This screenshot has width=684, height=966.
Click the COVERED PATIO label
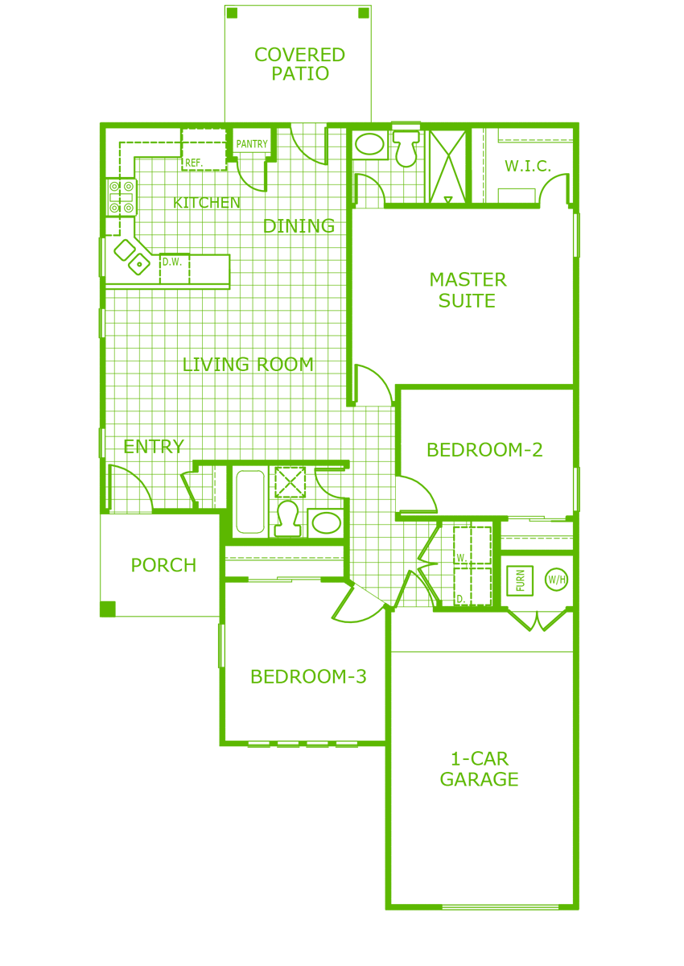299,64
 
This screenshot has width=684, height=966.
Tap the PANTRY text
252,143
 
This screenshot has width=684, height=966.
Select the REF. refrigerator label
193,163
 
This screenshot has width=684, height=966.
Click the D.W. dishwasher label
172,262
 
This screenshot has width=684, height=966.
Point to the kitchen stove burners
122,197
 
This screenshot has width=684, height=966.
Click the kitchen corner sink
132,257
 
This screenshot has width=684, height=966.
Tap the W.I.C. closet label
528,166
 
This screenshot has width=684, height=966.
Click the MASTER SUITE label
468,290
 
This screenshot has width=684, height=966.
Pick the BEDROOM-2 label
484,450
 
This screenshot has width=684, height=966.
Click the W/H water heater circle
556,579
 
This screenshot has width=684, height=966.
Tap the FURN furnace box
520,580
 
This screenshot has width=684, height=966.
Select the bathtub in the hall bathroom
250,502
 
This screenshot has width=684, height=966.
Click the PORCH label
163,565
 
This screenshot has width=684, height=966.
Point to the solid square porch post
108,609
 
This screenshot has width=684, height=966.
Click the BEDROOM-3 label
308,677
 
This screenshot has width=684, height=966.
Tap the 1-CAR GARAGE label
480,769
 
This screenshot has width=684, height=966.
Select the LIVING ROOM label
248,365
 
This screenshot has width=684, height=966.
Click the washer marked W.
472,545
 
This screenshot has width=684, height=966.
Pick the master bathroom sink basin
369,144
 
